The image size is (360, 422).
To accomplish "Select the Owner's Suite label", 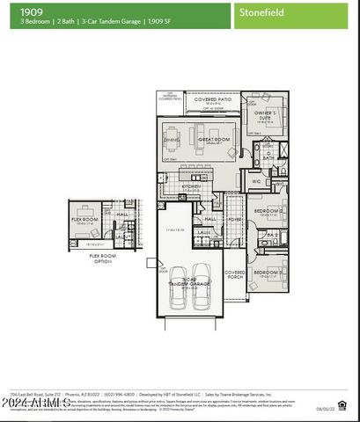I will click(x=266, y=115).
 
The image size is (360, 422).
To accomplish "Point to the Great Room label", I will click(x=213, y=138).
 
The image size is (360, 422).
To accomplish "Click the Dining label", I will click(x=172, y=140).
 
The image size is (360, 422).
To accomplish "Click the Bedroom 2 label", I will click(x=267, y=212).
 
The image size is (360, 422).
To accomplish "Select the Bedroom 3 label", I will click(x=267, y=273).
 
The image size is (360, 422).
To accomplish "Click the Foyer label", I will click(x=234, y=220).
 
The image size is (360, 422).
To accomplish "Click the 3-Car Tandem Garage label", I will click(x=190, y=281).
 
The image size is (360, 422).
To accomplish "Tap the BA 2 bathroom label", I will click(x=273, y=236).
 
